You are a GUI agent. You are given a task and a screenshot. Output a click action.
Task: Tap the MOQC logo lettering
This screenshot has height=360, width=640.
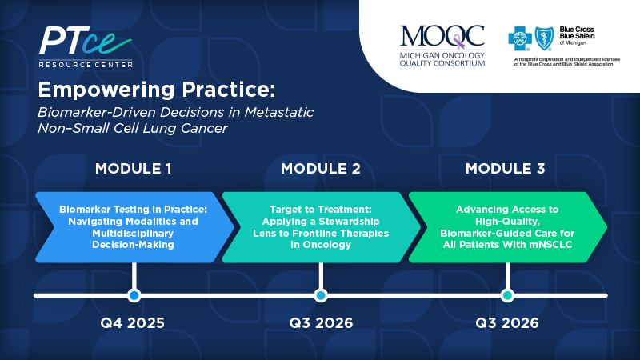coord(442,37)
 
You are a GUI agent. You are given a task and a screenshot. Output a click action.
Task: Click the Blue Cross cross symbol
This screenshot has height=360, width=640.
coord(519,38)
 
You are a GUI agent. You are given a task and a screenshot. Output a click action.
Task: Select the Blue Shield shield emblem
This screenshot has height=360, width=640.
coord(544,38)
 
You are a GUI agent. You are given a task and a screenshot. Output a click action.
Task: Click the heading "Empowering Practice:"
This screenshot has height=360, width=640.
coord(157,90)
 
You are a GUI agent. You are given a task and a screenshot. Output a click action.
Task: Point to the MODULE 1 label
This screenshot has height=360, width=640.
coord(134,169)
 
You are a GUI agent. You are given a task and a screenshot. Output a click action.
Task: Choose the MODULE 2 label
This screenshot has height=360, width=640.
coord(321,169)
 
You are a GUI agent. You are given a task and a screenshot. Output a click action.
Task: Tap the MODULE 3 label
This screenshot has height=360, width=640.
coord(506,169)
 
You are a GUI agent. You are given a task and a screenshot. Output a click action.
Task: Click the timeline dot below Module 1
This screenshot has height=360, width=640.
coord(134,295)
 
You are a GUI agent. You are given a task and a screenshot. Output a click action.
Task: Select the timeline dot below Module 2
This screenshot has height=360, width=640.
coord(321,295)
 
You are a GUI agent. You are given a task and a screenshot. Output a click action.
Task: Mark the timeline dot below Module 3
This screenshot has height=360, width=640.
coord(507,295)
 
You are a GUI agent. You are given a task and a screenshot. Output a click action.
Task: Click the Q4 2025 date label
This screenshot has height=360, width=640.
coord(133,323)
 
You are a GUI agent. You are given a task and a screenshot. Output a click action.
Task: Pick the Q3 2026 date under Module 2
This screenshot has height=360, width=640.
coord(321,323)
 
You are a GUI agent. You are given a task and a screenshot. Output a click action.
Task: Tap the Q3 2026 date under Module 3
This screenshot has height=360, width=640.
coord(507,323)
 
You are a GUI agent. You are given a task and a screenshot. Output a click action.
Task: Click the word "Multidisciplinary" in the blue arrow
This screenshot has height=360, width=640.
coord(133,233)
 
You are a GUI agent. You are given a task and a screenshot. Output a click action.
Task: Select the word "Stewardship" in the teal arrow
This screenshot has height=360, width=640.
coord(349,222)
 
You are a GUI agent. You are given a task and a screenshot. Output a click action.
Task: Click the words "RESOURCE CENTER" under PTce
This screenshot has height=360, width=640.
coord(86,65)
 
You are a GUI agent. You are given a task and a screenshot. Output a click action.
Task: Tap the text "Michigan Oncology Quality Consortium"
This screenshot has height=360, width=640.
coord(442,59)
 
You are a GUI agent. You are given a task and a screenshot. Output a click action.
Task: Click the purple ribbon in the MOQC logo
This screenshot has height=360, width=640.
coord(459,42)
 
